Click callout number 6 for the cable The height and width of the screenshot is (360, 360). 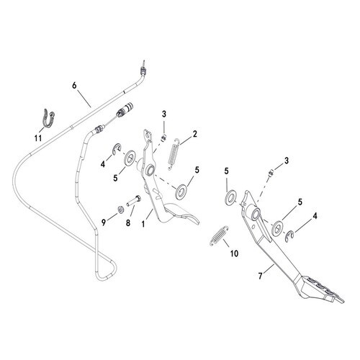tap(74, 86)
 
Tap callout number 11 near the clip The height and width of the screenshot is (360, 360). tap(38, 138)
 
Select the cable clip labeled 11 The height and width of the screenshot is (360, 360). tap(49, 117)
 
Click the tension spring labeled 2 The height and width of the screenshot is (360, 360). tap(174, 154)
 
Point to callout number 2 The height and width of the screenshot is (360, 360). tap(195, 134)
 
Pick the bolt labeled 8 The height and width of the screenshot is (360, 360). tap(134, 201)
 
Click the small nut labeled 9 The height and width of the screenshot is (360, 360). tap(121, 210)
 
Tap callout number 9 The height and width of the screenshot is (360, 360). tap(104, 222)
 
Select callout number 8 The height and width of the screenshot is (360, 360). tap(128, 223)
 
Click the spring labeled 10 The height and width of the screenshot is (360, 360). tap(220, 235)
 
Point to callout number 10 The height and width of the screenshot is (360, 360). tap(234, 253)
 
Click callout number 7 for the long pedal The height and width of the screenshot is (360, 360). tap(261, 276)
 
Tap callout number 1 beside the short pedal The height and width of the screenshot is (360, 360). tap(143, 225)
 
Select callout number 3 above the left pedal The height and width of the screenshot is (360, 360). tap(164, 114)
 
